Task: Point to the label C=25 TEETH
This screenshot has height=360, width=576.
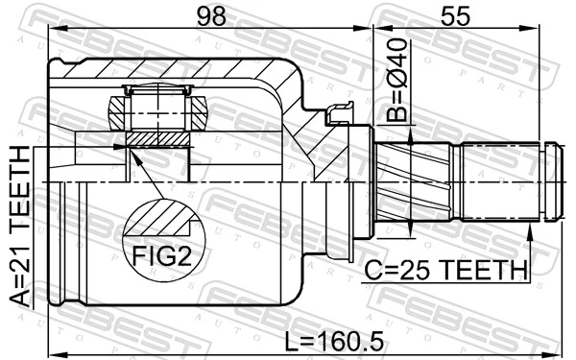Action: click(444, 271)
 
